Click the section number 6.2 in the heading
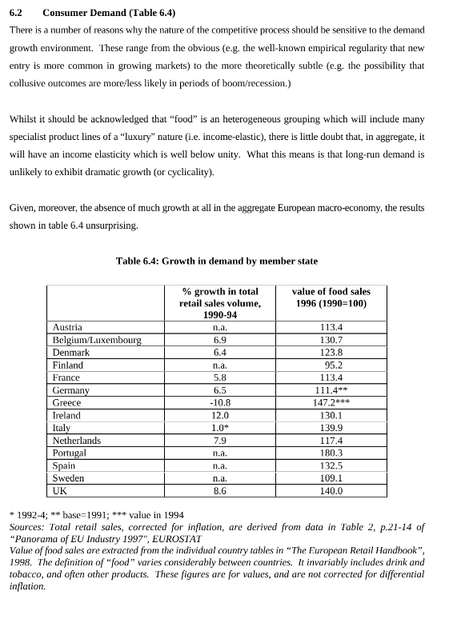15,13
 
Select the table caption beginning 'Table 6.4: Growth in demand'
216,261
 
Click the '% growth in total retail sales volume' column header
219,303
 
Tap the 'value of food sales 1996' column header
331,298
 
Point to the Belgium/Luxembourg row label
97,340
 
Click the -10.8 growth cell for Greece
219,403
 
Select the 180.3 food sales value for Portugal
331,453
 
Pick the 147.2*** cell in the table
331,403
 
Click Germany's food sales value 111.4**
331,390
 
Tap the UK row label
59,491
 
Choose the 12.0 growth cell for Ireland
219,416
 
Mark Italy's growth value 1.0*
219,429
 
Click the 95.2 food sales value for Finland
332,365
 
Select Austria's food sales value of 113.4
331,327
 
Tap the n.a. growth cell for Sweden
219,478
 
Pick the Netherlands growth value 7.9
219,441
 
